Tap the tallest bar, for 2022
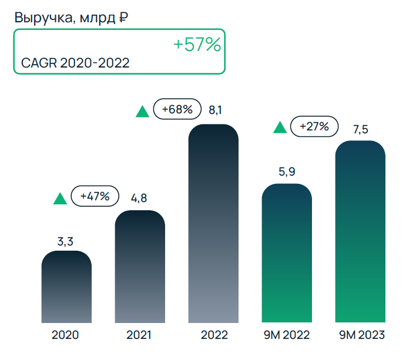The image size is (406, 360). (x=213, y=223)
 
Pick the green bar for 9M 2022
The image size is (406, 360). (x=286, y=253)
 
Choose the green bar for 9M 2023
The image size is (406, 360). (x=360, y=231)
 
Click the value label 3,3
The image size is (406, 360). (x=66, y=240)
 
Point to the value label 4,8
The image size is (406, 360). (x=139, y=198)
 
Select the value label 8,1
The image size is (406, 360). (x=216, y=110)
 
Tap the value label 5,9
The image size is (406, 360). (x=286, y=172)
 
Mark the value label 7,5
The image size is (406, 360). (x=360, y=129)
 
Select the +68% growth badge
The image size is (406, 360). (x=177, y=109)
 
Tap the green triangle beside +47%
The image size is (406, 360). (x=60, y=198)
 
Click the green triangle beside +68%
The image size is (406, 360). (x=142, y=112)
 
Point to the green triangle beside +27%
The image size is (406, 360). (x=280, y=127)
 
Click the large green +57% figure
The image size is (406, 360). (x=197, y=45)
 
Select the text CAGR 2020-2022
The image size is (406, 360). (x=75, y=63)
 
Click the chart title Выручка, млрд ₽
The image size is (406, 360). (x=71, y=17)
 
